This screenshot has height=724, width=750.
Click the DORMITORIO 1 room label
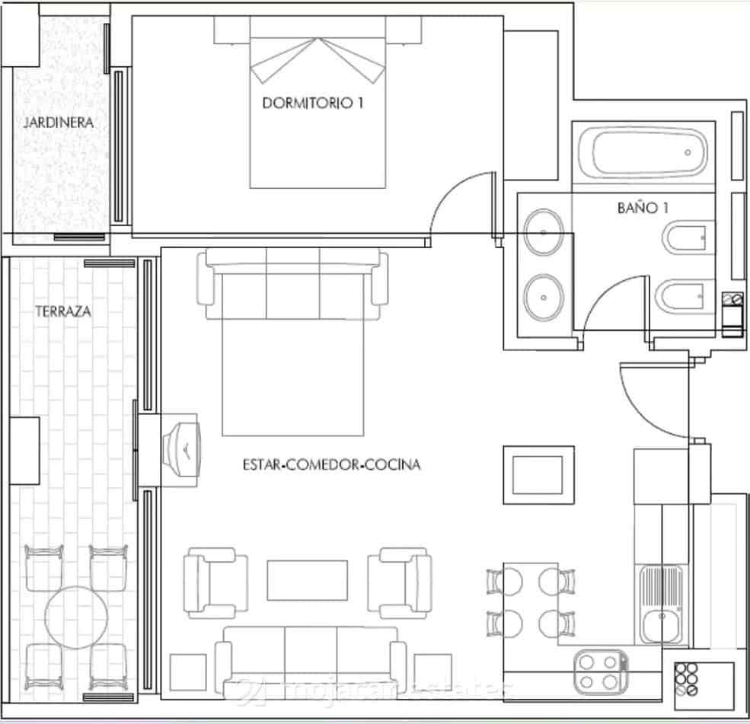coord(312,103)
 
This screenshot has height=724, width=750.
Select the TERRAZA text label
coord(62,311)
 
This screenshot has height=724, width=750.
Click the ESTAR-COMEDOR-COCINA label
coord(331,464)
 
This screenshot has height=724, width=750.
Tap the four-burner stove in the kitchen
coord(599,671)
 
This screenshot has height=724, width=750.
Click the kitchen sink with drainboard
coord(660,604)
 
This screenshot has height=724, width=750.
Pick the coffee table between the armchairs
coord(307,580)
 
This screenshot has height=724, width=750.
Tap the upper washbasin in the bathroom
coord(543,231)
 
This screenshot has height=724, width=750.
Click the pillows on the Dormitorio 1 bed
coord(318,61)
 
